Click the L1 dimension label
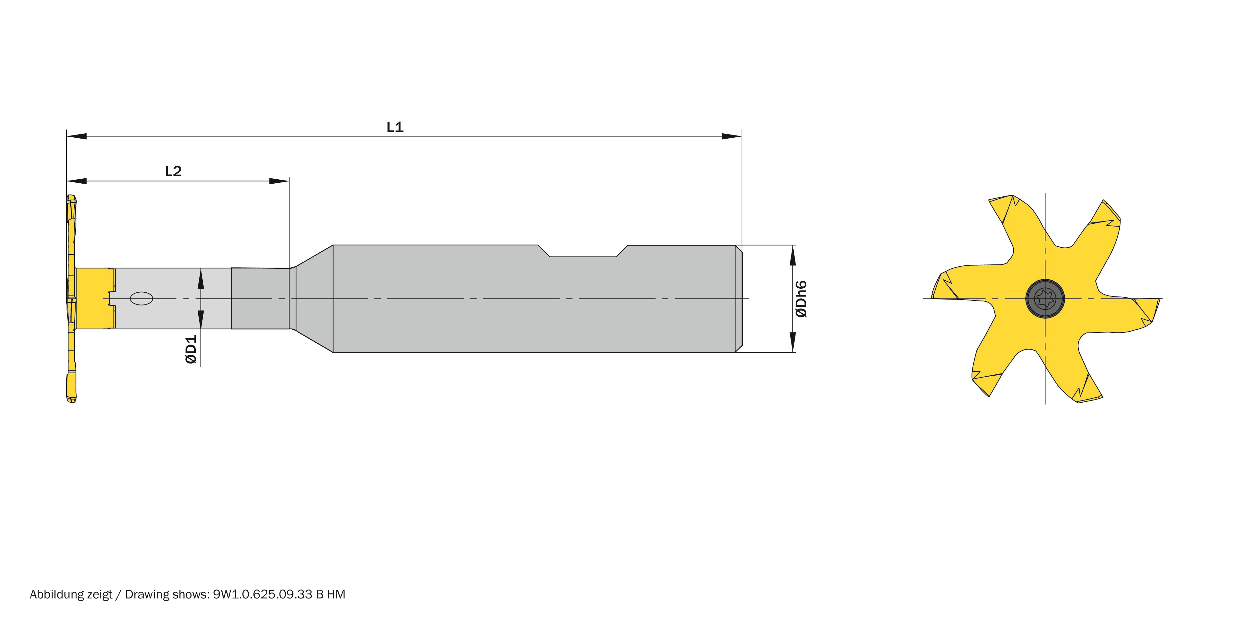pos(394,127)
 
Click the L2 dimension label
pos(173,172)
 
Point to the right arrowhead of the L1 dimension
pos(731,136)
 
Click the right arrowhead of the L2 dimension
pos(279,181)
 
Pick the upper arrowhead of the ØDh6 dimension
pos(792,255)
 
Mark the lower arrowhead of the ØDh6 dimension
pos(792,342)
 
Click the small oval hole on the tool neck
pos(142,299)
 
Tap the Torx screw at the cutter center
pos(1045,299)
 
